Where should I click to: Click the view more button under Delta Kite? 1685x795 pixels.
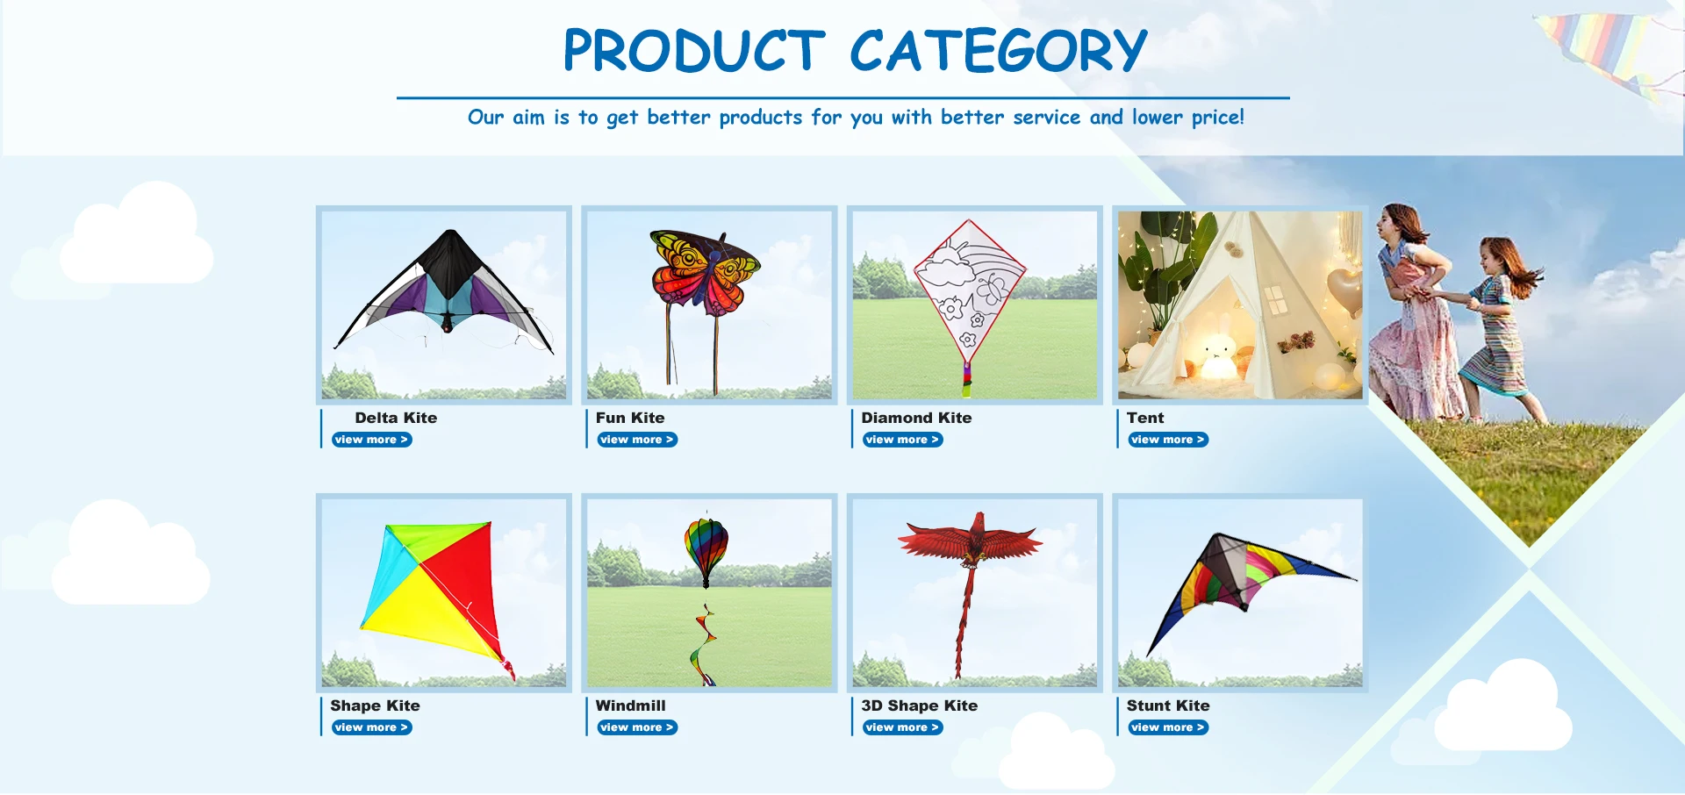coord(372,440)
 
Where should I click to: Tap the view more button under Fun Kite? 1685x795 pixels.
coord(637,440)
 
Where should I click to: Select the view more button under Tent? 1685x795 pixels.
coord(1168,440)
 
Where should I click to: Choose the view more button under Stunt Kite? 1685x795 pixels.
coord(1168,727)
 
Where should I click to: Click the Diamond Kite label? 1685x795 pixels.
coord(916,418)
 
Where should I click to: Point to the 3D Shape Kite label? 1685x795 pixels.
coord(919,705)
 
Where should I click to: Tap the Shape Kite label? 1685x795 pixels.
coord(375,705)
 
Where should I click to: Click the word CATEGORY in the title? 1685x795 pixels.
coord(998,50)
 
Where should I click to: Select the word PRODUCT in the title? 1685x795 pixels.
coord(693,50)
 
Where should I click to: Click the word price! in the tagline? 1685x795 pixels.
coord(1217,118)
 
